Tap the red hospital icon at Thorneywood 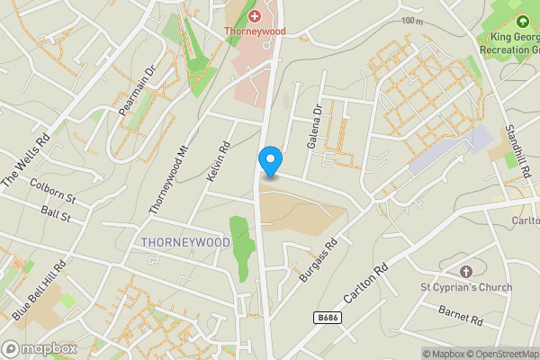coord(255,16)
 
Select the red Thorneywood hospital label coord(256,30)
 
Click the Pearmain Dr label coord(138,90)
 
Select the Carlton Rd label coord(364,284)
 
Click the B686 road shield coord(327,318)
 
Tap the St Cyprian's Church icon coord(465,272)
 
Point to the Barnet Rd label coord(462,315)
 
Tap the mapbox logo coord(39,348)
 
